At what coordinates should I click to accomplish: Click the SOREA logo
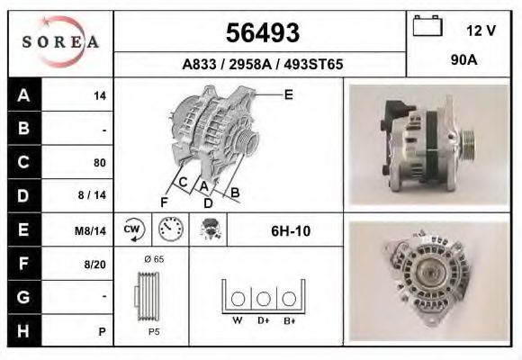pos(60,41)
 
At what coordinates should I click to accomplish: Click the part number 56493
pos(263,33)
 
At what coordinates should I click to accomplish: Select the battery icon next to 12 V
pos(427,25)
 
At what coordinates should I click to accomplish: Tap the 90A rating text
pos(464,60)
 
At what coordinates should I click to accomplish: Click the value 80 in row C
pos(100,163)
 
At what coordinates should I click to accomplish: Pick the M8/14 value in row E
pos(90,230)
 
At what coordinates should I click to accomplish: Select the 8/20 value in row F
pos(94,265)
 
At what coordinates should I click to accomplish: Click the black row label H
pos(24,330)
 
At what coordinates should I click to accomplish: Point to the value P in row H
pos(103,332)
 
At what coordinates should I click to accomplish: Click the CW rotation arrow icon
pos(133,229)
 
